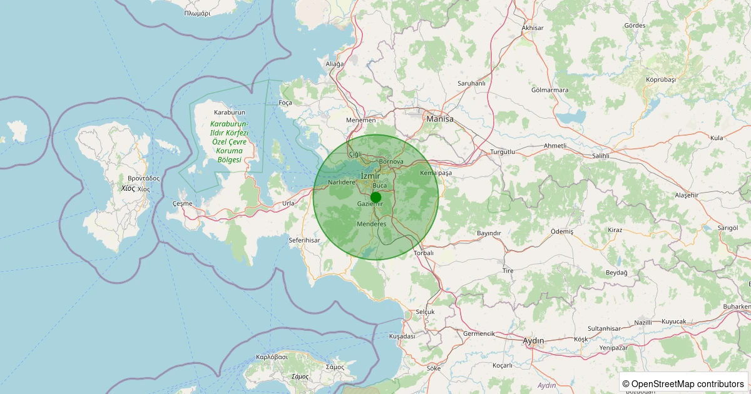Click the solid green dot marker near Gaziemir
pyautogui.click(x=375, y=197)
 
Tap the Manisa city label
pyautogui.click(x=439, y=118)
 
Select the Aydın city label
pyautogui.click(x=533, y=341)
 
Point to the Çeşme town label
pyautogui.click(x=182, y=204)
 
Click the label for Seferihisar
pyautogui.click(x=304, y=240)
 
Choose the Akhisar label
pyautogui.click(x=533, y=28)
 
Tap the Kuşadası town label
pyautogui.click(x=402, y=336)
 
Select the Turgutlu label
pyautogui.click(x=502, y=152)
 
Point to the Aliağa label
pyautogui.click(x=335, y=64)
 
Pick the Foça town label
pyautogui.click(x=285, y=103)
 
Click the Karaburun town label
pyautogui.click(x=230, y=113)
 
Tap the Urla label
pyautogui.click(x=288, y=203)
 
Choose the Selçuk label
pyautogui.click(x=425, y=311)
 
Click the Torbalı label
pyautogui.click(x=424, y=253)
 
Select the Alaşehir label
pyautogui.click(x=687, y=195)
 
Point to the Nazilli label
pyautogui.click(x=643, y=322)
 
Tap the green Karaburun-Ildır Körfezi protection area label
pyautogui.click(x=229, y=142)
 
